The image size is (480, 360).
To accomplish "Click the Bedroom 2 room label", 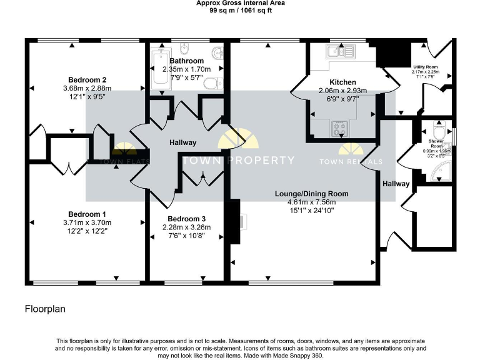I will [x=87, y=79].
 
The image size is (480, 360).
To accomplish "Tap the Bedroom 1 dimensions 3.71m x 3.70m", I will [x=87, y=222].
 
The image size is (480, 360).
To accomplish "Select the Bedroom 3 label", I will [x=186, y=218].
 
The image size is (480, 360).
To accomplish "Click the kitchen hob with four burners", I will [x=340, y=128].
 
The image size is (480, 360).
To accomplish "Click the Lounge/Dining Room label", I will [x=311, y=193].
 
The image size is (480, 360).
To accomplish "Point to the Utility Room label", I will [x=426, y=66].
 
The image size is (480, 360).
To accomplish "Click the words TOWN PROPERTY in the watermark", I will [x=237, y=161].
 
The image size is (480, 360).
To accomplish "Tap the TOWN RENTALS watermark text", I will [x=351, y=162].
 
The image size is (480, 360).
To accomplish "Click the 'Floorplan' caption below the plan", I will [x=45, y=309].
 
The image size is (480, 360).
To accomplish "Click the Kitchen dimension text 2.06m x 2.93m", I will [x=342, y=91].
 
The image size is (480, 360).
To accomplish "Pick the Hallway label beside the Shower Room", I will [x=396, y=184].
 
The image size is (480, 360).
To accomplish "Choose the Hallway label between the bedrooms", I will [x=182, y=142].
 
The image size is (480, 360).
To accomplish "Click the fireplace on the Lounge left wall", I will [x=236, y=221].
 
